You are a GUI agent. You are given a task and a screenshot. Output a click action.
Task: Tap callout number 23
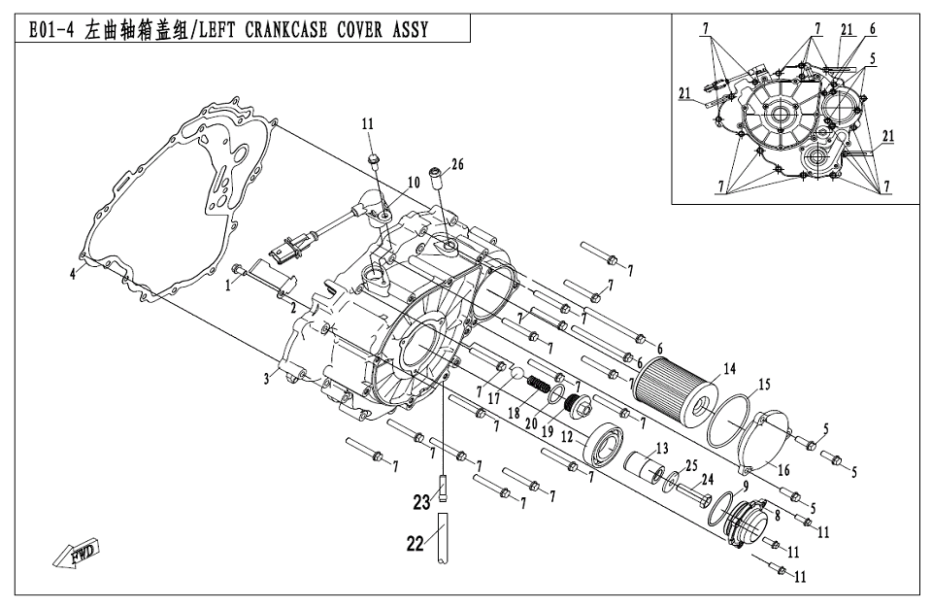pos(420,502)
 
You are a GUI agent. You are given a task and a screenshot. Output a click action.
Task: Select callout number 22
pos(416,545)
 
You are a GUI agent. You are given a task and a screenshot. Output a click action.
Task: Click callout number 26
pos(457,164)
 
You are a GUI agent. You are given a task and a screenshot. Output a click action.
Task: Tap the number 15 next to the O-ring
pos(764,386)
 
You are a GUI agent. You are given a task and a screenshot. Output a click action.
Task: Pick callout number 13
pos(662,449)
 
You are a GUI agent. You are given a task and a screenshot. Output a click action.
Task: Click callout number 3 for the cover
pos(265,379)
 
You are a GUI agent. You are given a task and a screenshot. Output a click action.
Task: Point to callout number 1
pos(228,287)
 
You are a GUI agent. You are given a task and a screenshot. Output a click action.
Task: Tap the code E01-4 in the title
pos(49,30)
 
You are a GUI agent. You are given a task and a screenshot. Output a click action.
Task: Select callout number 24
pos(708,478)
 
